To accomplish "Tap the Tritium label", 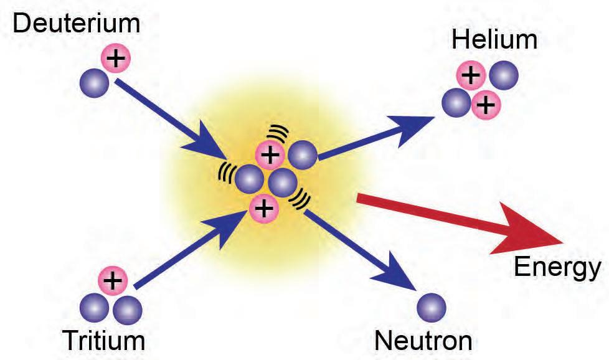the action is tap(103, 340).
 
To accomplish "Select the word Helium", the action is tap(494, 40).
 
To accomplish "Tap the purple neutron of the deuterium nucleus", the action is tap(96, 80).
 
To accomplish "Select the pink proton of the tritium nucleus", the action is tap(112, 281).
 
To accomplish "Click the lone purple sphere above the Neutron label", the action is tap(431, 306).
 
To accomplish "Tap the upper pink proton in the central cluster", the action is tap(270, 155).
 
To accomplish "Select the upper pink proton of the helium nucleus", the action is tap(471, 76).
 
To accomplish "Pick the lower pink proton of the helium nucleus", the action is tap(486, 105).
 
